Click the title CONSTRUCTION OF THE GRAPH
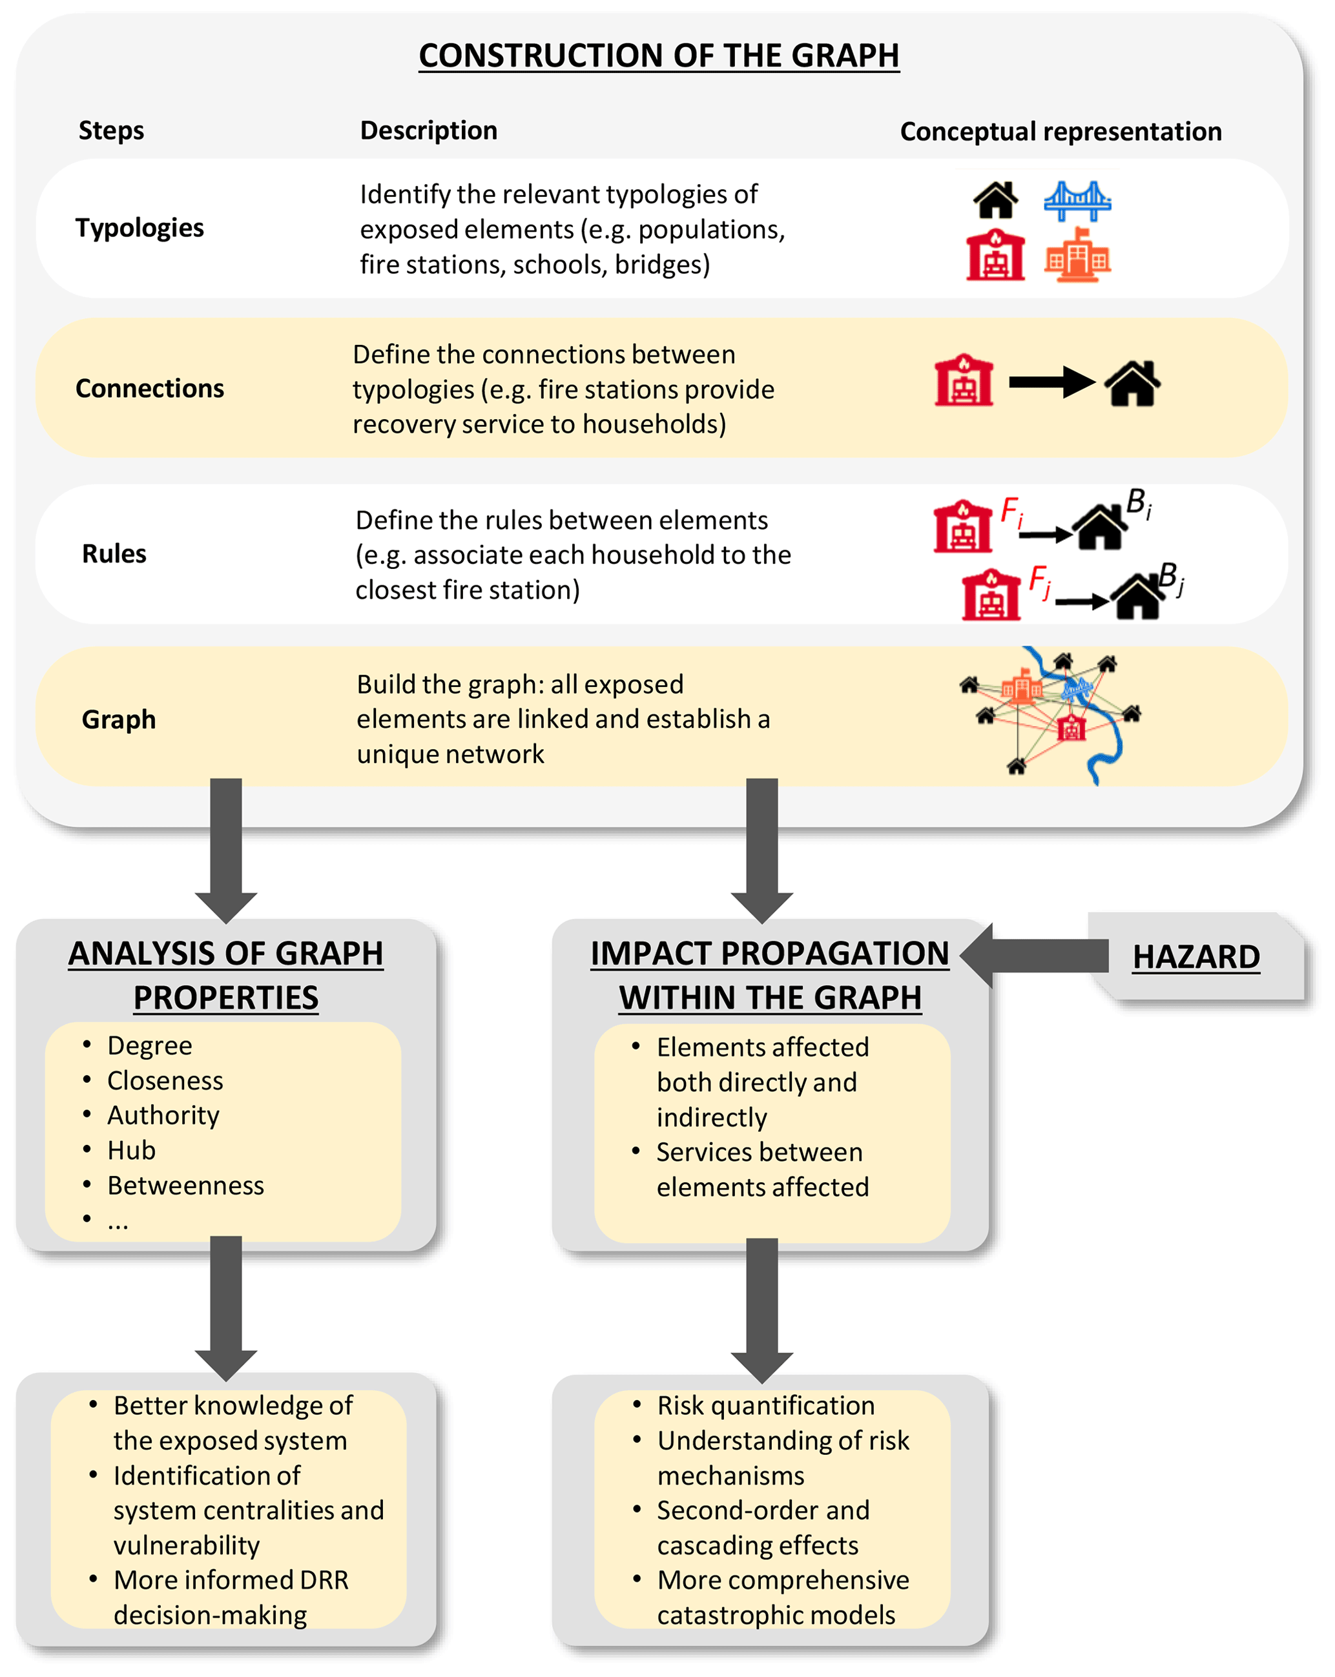click(658, 56)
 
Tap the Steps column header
click(111, 130)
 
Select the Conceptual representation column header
click(1060, 132)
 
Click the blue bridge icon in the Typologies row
click(1077, 201)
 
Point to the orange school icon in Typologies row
click(1077, 254)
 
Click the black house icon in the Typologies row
click(996, 200)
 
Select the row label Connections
click(149, 388)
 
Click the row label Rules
click(114, 554)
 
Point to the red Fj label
click(1039, 581)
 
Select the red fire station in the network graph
click(1071, 726)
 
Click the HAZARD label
click(1195, 957)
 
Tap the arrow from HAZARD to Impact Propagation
click(1035, 955)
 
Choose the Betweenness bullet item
click(185, 1186)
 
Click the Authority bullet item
click(163, 1115)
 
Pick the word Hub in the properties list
click(132, 1151)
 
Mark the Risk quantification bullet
click(765, 1406)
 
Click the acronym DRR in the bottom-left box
click(320, 1579)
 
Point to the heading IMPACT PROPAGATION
click(769, 954)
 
